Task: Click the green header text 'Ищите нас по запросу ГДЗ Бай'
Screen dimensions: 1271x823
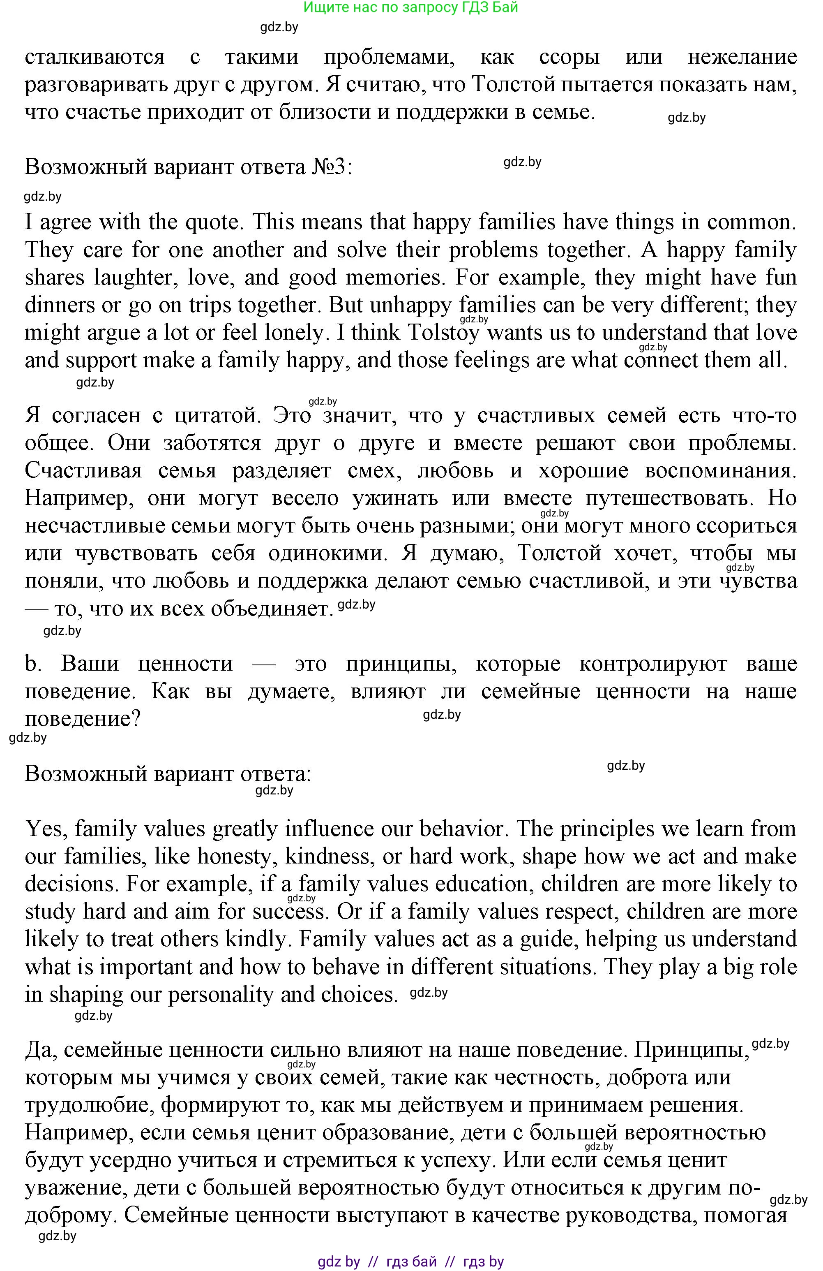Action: pos(410,7)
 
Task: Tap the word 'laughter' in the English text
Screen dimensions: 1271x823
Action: pos(132,278)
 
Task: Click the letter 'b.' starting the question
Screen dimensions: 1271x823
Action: pos(33,664)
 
